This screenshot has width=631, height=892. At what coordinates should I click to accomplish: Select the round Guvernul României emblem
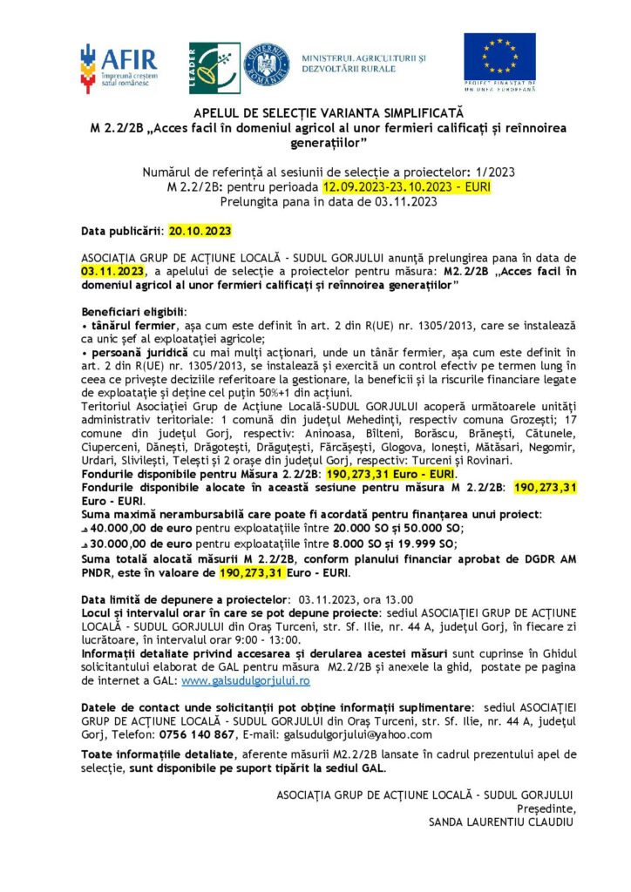[266, 65]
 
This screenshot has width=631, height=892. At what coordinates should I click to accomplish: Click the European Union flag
[499, 57]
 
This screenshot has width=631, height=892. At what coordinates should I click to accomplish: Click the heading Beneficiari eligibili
[133, 311]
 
